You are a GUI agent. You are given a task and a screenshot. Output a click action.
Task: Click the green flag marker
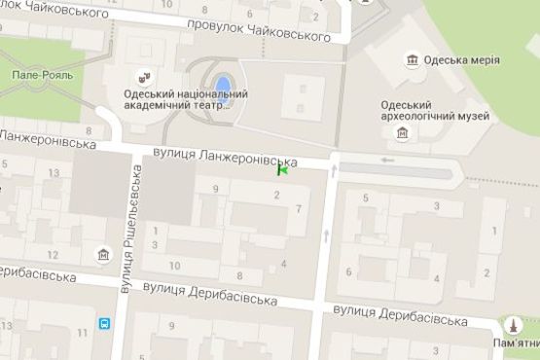282,170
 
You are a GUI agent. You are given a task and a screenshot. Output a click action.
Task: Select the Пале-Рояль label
35,74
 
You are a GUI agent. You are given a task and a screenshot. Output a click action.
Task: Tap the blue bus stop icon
104,324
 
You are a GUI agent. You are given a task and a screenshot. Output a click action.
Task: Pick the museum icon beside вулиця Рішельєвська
104,255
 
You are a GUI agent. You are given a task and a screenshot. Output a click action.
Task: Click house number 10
174,265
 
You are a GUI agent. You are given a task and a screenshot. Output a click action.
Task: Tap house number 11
81,334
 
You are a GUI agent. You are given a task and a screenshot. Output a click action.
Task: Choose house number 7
299,209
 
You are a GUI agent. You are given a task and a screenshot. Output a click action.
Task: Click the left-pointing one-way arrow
388,160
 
